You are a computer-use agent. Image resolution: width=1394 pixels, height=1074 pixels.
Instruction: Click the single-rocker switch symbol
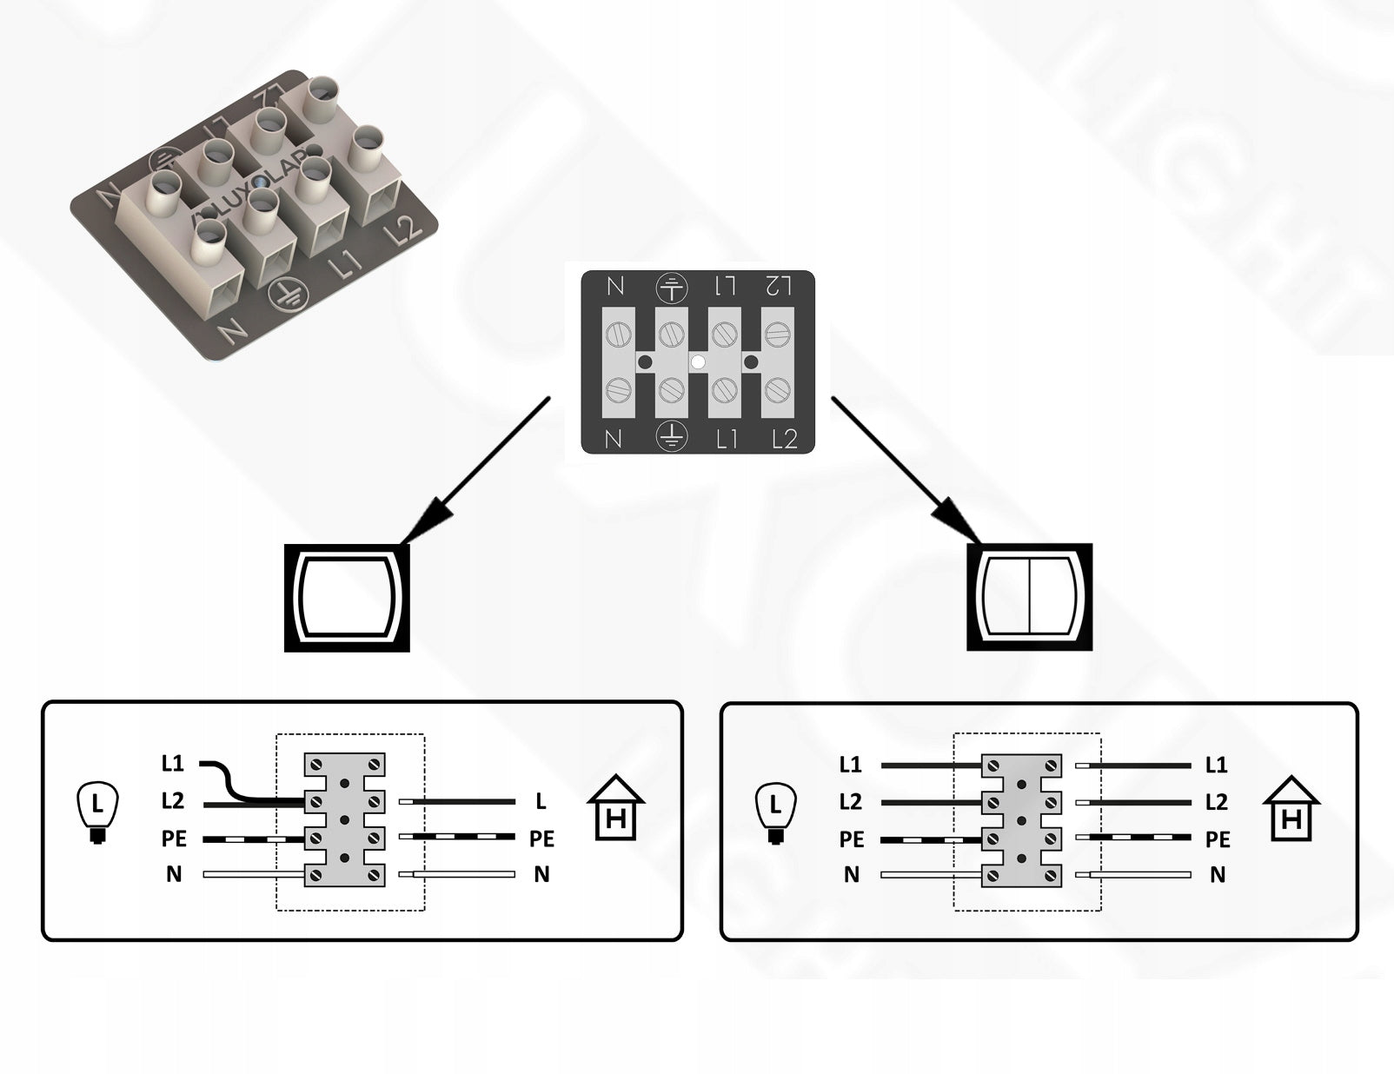tap(347, 597)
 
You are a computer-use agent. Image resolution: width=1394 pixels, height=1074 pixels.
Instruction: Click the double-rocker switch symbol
tap(1029, 597)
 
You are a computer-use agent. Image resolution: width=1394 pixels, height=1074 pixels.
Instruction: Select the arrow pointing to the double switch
tap(905, 470)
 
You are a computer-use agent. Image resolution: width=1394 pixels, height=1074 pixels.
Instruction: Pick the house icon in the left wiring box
tap(616, 810)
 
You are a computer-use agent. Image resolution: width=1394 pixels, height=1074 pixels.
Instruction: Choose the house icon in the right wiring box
tap(1291, 810)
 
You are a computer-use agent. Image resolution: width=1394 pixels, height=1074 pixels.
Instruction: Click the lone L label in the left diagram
tap(541, 801)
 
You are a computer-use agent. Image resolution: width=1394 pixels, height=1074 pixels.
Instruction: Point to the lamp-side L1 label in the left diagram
tap(173, 764)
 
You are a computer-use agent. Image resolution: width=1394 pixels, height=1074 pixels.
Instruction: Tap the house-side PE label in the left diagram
tap(541, 839)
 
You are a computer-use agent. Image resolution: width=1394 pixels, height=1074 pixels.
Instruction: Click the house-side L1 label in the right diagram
tap(1217, 766)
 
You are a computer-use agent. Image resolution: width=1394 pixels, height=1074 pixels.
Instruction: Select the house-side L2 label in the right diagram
tap(1217, 802)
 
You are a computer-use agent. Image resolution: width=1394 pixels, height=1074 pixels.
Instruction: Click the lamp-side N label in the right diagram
tap(852, 875)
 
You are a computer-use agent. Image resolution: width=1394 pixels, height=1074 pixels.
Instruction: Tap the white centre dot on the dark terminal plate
tap(697, 361)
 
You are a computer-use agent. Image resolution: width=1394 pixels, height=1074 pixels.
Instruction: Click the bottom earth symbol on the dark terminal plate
tap(670, 435)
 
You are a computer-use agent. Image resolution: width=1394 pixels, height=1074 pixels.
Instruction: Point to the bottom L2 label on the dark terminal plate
tap(784, 440)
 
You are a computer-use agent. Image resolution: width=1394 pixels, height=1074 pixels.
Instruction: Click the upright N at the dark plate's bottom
tap(614, 440)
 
